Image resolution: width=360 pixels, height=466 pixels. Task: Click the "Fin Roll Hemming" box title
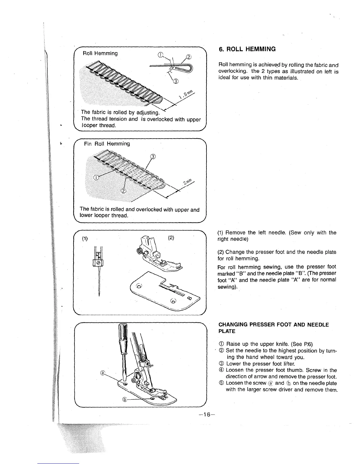coord(106,144)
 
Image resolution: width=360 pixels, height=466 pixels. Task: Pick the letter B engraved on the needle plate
coord(189,298)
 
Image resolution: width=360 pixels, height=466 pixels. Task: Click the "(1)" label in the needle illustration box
coord(85,238)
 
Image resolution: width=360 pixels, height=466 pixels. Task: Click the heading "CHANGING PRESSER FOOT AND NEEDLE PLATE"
coord(273,328)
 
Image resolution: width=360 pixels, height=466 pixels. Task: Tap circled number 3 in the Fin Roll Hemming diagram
coord(153,157)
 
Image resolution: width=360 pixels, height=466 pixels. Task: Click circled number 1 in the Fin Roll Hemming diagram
coord(96,177)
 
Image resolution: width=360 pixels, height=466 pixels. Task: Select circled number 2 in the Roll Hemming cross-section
coord(189,58)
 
